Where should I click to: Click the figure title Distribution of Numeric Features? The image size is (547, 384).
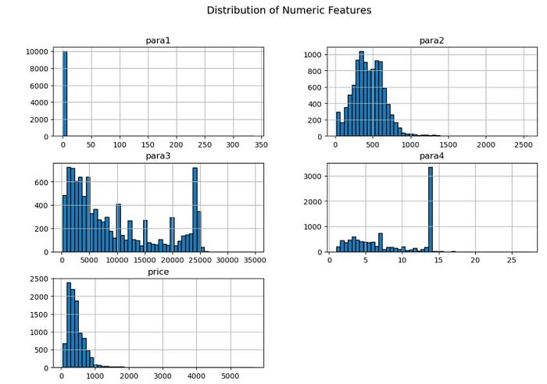(288, 11)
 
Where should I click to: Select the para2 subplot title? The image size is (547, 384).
(432, 41)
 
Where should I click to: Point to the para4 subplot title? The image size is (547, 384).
(432, 156)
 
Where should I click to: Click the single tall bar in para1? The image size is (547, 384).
(65, 94)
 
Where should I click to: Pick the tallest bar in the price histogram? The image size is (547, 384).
(69, 325)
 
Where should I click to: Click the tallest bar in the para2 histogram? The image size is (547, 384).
(361, 94)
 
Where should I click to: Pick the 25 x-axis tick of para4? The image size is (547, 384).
(511, 261)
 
